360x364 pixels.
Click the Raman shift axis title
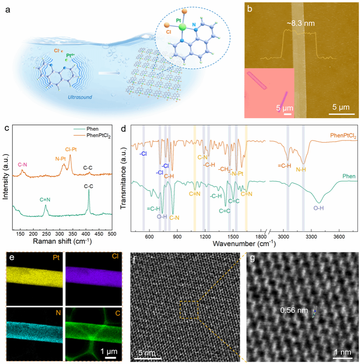(60, 241)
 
